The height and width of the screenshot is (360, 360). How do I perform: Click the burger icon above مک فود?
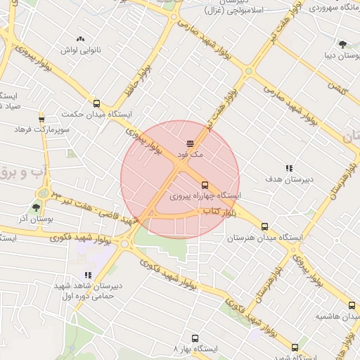pyautogui.click(x=191, y=143)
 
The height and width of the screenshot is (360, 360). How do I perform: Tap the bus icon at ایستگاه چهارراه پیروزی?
pyautogui.click(x=205, y=186)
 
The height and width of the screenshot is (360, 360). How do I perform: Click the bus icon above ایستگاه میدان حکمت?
pyautogui.click(x=96, y=103)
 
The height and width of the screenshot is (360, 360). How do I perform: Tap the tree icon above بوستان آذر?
pyautogui.click(x=36, y=208)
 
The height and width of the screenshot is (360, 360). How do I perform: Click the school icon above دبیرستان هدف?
pyautogui.click(x=289, y=168)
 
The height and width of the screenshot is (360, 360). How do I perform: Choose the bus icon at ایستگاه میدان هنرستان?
pyautogui.click(x=264, y=226)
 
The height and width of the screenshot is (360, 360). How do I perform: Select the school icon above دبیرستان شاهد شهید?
pyautogui.click(x=88, y=275)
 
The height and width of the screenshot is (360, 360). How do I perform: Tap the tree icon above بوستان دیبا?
pyautogui.click(x=342, y=44)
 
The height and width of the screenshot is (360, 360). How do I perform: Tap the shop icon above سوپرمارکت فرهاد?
pyautogui.click(x=41, y=120)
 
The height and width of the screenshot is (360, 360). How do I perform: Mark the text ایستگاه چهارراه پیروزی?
pyautogui.click(x=207, y=196)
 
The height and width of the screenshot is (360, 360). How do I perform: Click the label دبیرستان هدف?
pyautogui.click(x=289, y=180)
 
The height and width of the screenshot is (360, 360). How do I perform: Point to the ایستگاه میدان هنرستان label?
pyautogui.click(x=264, y=238)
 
